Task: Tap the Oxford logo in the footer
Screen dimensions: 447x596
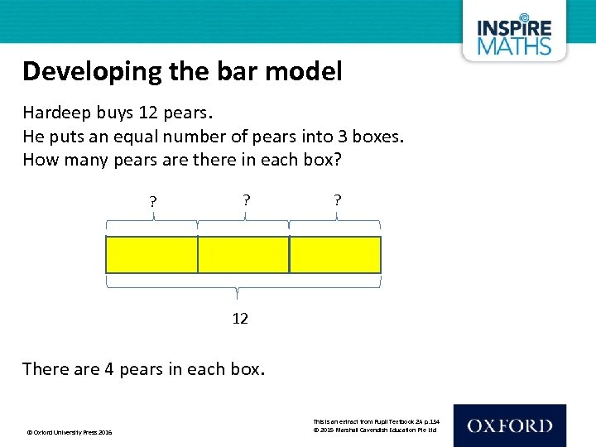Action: click(509, 425)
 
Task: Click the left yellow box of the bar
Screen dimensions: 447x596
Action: click(151, 255)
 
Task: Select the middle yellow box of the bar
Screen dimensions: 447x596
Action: click(243, 255)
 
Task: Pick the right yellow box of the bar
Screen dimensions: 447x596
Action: click(335, 255)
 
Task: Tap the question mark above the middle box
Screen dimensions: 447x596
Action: click(245, 199)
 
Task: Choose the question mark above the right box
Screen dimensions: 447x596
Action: click(337, 199)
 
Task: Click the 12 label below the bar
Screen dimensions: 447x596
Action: click(240, 319)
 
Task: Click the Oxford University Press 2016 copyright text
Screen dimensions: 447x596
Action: click(70, 432)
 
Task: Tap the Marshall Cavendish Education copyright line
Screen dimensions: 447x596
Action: click(374, 430)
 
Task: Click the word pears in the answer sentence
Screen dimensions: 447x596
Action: click(142, 369)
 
